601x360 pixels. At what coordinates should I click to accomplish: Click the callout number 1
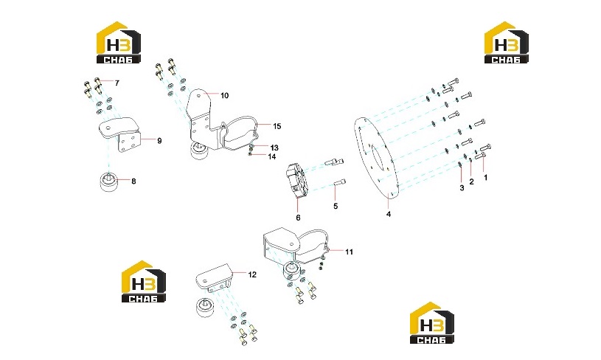pyautogui.click(x=486, y=178)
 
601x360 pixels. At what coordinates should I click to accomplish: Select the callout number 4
pyautogui.click(x=389, y=215)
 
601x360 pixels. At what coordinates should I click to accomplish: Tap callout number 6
pyautogui.click(x=298, y=218)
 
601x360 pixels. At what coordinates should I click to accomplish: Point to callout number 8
pyautogui.click(x=133, y=181)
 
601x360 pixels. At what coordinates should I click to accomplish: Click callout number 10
pyautogui.click(x=225, y=95)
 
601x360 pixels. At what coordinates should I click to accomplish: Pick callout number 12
pyautogui.click(x=252, y=274)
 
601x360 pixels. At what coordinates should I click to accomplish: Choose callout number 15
pyautogui.click(x=277, y=126)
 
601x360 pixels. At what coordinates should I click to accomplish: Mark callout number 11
pyautogui.click(x=349, y=252)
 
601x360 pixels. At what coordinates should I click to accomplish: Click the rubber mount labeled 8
pyautogui.click(x=109, y=181)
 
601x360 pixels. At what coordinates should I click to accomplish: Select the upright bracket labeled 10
pyautogui.click(x=202, y=121)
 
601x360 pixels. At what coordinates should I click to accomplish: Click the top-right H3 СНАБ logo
pyautogui.click(x=507, y=42)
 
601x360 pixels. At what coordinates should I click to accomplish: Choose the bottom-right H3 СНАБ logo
pyautogui.click(x=432, y=323)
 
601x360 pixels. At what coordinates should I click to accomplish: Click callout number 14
pyautogui.click(x=272, y=156)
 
